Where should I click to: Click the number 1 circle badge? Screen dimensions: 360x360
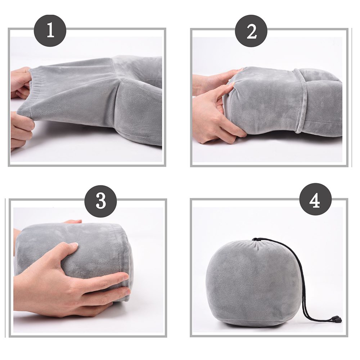(x=50, y=31)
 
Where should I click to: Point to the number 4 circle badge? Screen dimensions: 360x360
(x=315, y=199)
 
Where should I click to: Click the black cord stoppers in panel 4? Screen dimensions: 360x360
(x=336, y=319)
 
